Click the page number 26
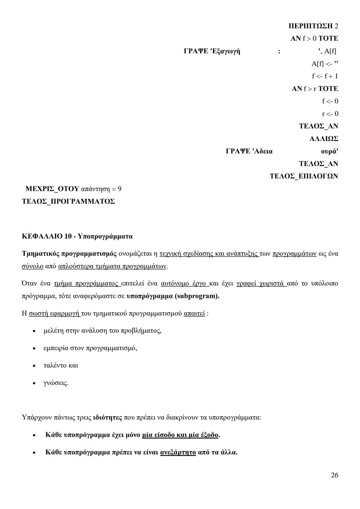pyautogui.click(x=334, y=475)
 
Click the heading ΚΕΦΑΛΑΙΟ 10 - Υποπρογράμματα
pyautogui.click(x=77, y=236)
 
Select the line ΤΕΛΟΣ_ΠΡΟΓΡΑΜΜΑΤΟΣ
pyautogui.click(x=68, y=201)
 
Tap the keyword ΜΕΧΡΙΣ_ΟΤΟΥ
pyautogui.click(x=52, y=189)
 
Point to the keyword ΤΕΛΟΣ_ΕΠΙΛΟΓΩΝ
pyautogui.click(x=304, y=176)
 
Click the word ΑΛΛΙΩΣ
pyautogui.click(x=324, y=139)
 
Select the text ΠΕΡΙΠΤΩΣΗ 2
pyautogui.click(x=313, y=26)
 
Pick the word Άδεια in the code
pyautogui.click(x=263, y=151)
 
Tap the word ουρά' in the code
pyautogui.click(x=329, y=151)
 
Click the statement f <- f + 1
pyautogui.click(x=325, y=76)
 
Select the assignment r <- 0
pyautogui.click(x=330, y=114)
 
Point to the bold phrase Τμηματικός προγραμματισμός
pyautogui.click(x=69, y=254)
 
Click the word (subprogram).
pyautogui.click(x=197, y=296)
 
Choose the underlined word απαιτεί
pyautogui.click(x=194, y=313)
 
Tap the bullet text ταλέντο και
pyautogui.click(x=61, y=365)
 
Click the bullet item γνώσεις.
pyautogui.click(x=56, y=383)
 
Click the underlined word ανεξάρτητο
pyautogui.click(x=178, y=452)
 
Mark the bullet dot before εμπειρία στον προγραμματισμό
pyautogui.click(x=34, y=348)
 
